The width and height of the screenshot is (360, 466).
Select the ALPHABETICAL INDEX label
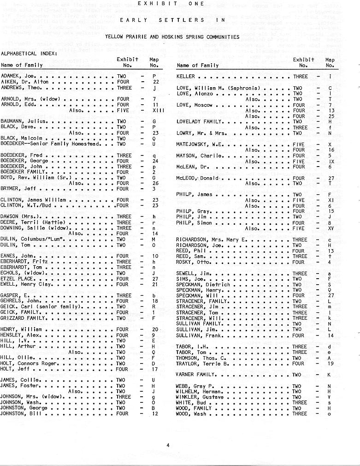click(x=29, y=54)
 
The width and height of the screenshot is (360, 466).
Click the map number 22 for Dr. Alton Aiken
click(x=156, y=82)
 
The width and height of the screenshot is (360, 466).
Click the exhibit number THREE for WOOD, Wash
click(x=300, y=414)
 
